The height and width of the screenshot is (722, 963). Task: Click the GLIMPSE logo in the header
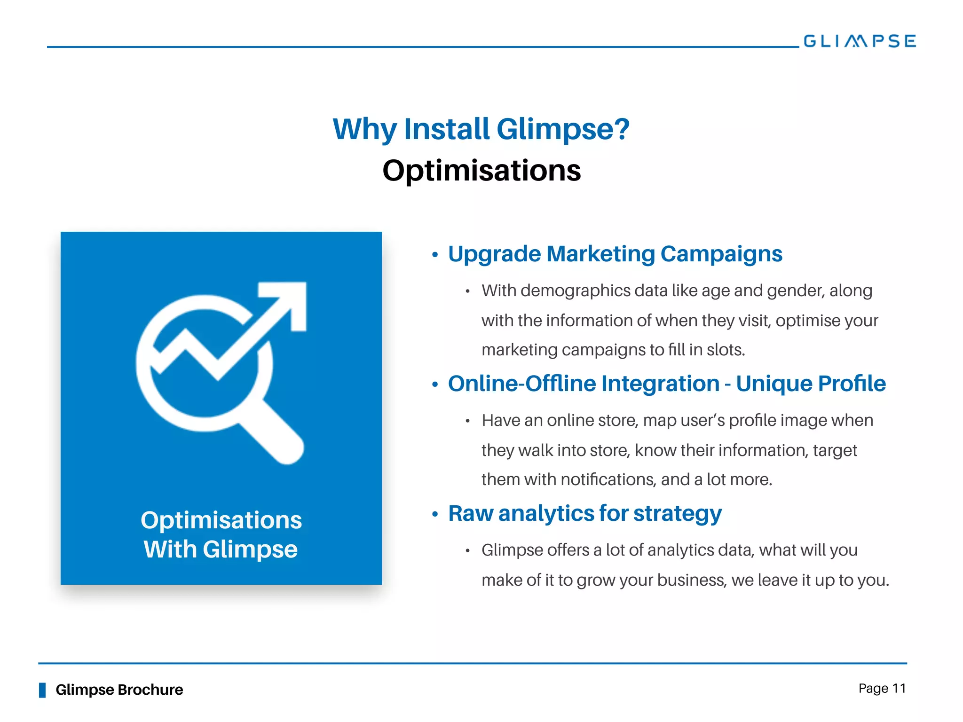click(860, 41)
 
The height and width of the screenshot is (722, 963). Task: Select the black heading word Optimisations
click(481, 170)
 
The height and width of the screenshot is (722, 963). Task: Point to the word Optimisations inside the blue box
click(221, 520)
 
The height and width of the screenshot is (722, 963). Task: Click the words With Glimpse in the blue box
click(221, 549)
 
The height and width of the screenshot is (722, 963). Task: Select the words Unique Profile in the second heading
click(811, 384)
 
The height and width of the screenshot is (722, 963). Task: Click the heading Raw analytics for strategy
click(584, 513)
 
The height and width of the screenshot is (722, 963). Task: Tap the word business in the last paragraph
click(691, 580)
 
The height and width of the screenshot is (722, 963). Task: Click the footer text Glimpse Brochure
click(119, 690)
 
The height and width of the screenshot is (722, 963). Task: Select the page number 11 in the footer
click(899, 689)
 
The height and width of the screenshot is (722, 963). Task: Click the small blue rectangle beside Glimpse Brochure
click(42, 690)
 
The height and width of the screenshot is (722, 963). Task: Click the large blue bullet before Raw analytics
click(435, 514)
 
